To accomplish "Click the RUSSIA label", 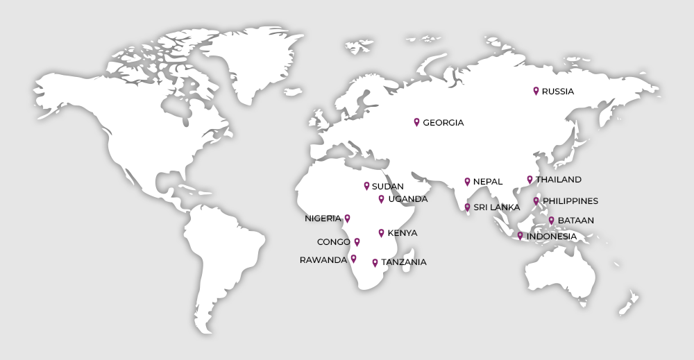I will click(558, 91).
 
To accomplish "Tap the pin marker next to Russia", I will click(536, 90).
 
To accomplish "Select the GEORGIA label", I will click(443, 123).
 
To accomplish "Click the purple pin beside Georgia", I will click(416, 122).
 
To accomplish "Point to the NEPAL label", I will click(488, 182).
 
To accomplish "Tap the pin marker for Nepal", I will click(467, 182).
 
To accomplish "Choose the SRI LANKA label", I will click(496, 207).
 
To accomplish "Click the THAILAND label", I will click(558, 180).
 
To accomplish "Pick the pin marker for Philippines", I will click(536, 201).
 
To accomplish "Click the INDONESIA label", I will click(551, 237).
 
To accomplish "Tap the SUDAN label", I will click(387, 187).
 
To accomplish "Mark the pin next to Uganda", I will click(381, 199).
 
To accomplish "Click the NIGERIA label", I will click(323, 218).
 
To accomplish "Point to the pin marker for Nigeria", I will click(348, 218).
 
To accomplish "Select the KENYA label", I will click(403, 233).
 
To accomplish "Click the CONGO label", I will click(333, 242).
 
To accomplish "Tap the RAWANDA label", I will click(323, 260).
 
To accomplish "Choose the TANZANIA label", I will click(403, 262).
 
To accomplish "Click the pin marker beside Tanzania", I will click(375, 262).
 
